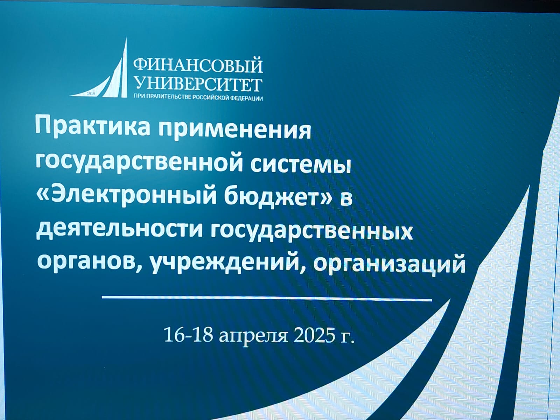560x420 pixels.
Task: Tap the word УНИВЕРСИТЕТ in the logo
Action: [x=198, y=85]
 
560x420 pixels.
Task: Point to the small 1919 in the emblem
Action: [x=91, y=94]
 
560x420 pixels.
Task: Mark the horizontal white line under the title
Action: [x=267, y=299]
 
